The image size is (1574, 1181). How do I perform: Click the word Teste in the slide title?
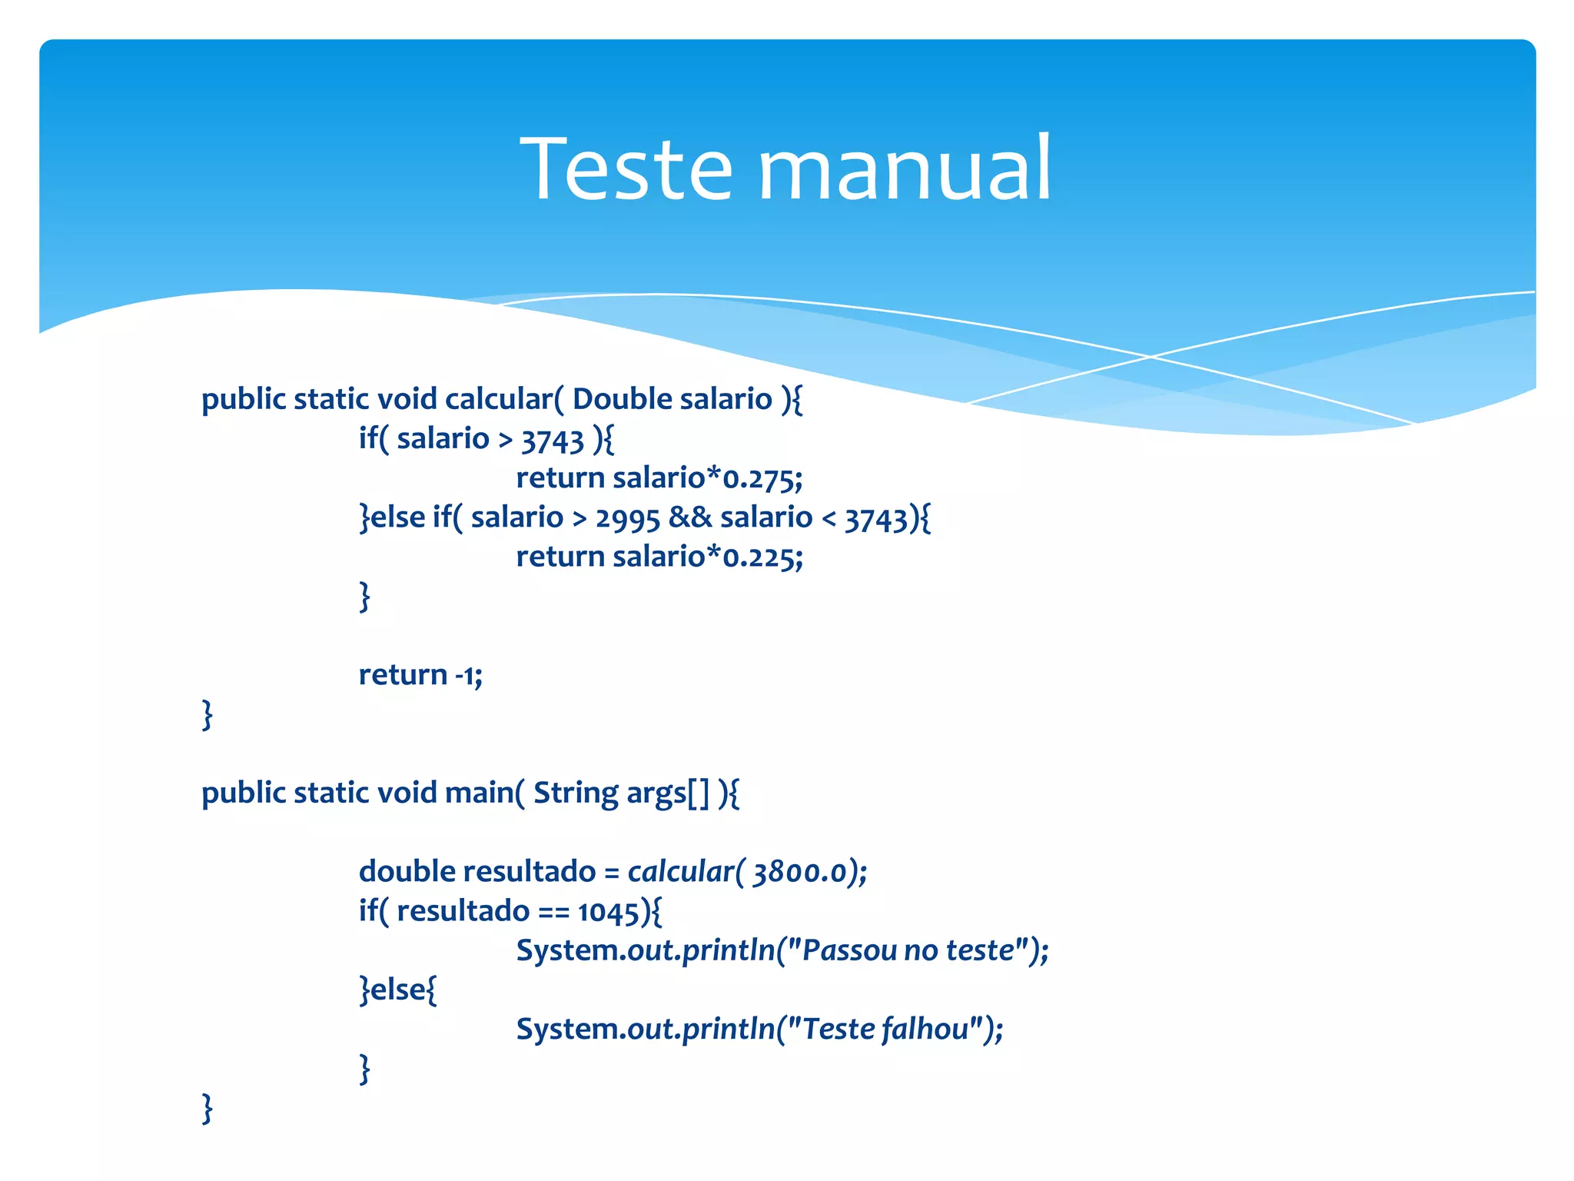[x=626, y=168]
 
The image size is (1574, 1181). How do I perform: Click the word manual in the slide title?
[x=905, y=168]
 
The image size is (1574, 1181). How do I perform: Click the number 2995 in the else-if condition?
[x=627, y=518]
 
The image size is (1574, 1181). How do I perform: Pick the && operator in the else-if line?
[x=690, y=517]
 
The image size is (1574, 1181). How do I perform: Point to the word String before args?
[x=575, y=793]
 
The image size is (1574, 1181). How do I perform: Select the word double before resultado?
[x=407, y=872]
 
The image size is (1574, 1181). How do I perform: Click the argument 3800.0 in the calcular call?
[x=799, y=873]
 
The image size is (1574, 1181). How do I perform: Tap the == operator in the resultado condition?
[x=553, y=912]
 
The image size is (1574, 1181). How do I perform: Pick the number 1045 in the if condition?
[x=608, y=912]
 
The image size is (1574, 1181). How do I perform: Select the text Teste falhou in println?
[x=892, y=1030]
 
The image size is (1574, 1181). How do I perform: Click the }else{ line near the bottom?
[x=398, y=990]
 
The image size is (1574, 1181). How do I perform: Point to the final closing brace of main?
[x=207, y=1109]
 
